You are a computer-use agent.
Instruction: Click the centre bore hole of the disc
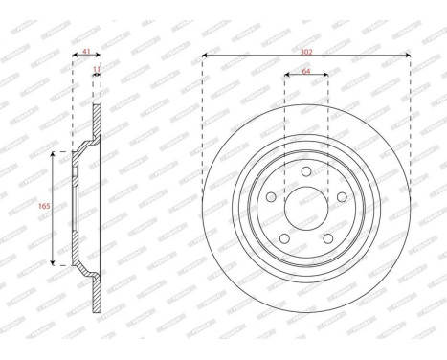click(x=305, y=205)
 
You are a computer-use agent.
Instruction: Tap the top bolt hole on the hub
click(x=305, y=172)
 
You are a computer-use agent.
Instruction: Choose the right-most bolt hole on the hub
click(x=337, y=195)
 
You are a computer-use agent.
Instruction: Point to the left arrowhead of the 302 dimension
click(x=206, y=57)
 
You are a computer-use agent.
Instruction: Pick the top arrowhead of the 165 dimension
click(x=52, y=152)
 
